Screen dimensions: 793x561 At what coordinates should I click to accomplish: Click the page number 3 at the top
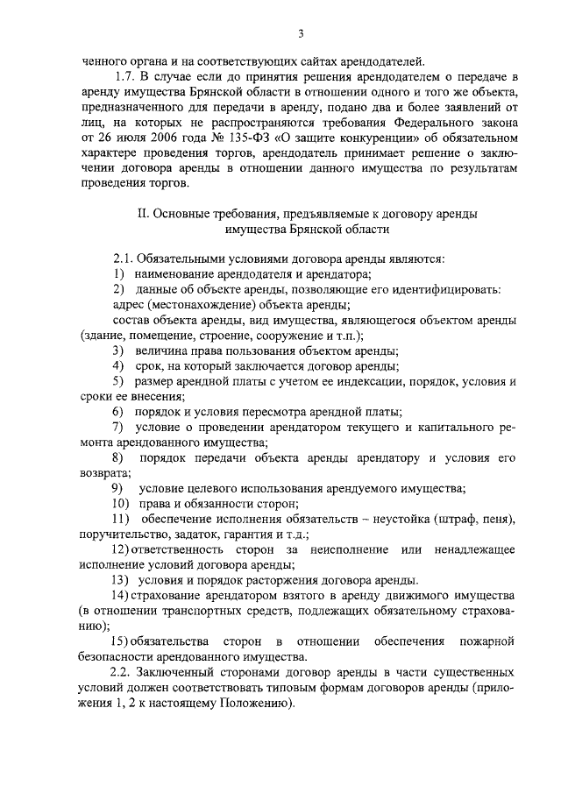point(301,34)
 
